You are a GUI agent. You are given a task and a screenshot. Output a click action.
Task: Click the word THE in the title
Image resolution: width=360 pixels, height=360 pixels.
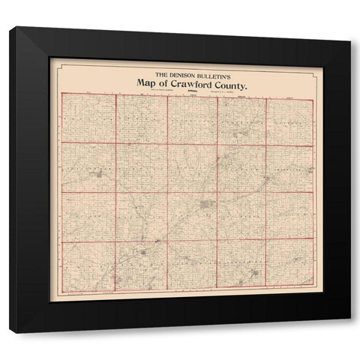pos(160,74)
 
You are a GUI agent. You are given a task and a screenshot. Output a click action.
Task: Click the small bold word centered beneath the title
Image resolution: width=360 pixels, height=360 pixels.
pos(191,92)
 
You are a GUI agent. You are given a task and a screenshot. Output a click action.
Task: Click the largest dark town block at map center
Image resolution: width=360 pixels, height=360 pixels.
pos(206,204)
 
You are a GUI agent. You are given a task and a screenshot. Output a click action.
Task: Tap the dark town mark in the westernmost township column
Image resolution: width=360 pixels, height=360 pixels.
pos(98,175)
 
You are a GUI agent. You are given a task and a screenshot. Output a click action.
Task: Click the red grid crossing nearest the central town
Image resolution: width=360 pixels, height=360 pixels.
pos(217,193)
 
